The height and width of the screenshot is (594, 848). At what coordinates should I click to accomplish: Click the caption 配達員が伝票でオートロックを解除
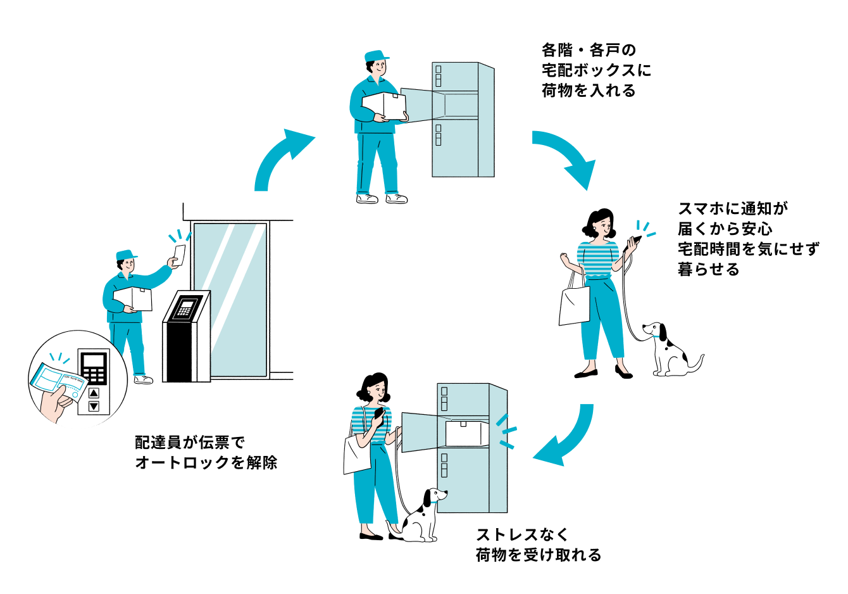[206, 452]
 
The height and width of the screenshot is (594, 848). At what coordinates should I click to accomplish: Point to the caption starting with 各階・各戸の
[595, 70]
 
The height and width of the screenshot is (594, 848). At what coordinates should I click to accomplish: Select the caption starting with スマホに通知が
[747, 239]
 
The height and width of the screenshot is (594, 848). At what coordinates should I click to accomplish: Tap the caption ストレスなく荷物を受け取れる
[539, 545]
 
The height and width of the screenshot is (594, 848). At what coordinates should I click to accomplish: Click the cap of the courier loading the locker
[377, 56]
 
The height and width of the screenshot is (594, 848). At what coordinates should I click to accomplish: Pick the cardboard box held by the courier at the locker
[383, 106]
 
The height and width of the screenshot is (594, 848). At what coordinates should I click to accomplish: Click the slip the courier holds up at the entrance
[179, 255]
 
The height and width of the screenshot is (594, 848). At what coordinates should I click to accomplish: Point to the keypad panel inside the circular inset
[94, 379]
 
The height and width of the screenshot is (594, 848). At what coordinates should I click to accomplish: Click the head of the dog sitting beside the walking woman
[654, 331]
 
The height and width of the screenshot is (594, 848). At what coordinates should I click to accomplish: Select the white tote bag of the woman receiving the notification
[574, 305]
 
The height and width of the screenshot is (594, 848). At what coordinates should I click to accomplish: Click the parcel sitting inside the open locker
[466, 433]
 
